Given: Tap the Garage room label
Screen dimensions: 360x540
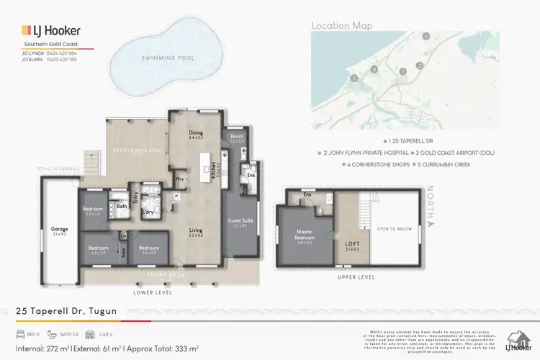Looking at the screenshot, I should tap(59, 231).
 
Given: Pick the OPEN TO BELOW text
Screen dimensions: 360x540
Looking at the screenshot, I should tap(392, 229).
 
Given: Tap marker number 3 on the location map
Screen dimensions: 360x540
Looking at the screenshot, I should tap(426, 35).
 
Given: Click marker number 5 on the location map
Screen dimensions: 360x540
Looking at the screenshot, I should tap(354, 78).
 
